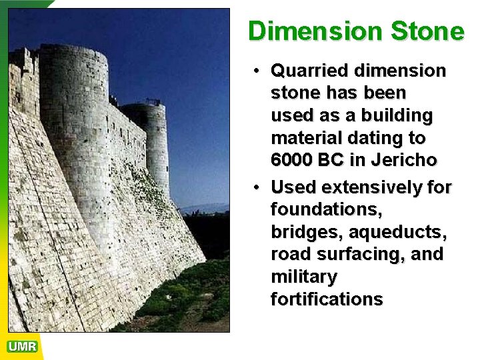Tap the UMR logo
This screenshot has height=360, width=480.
point(22,347)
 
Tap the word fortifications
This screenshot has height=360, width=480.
point(327,299)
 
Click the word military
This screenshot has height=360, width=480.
point(303,277)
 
